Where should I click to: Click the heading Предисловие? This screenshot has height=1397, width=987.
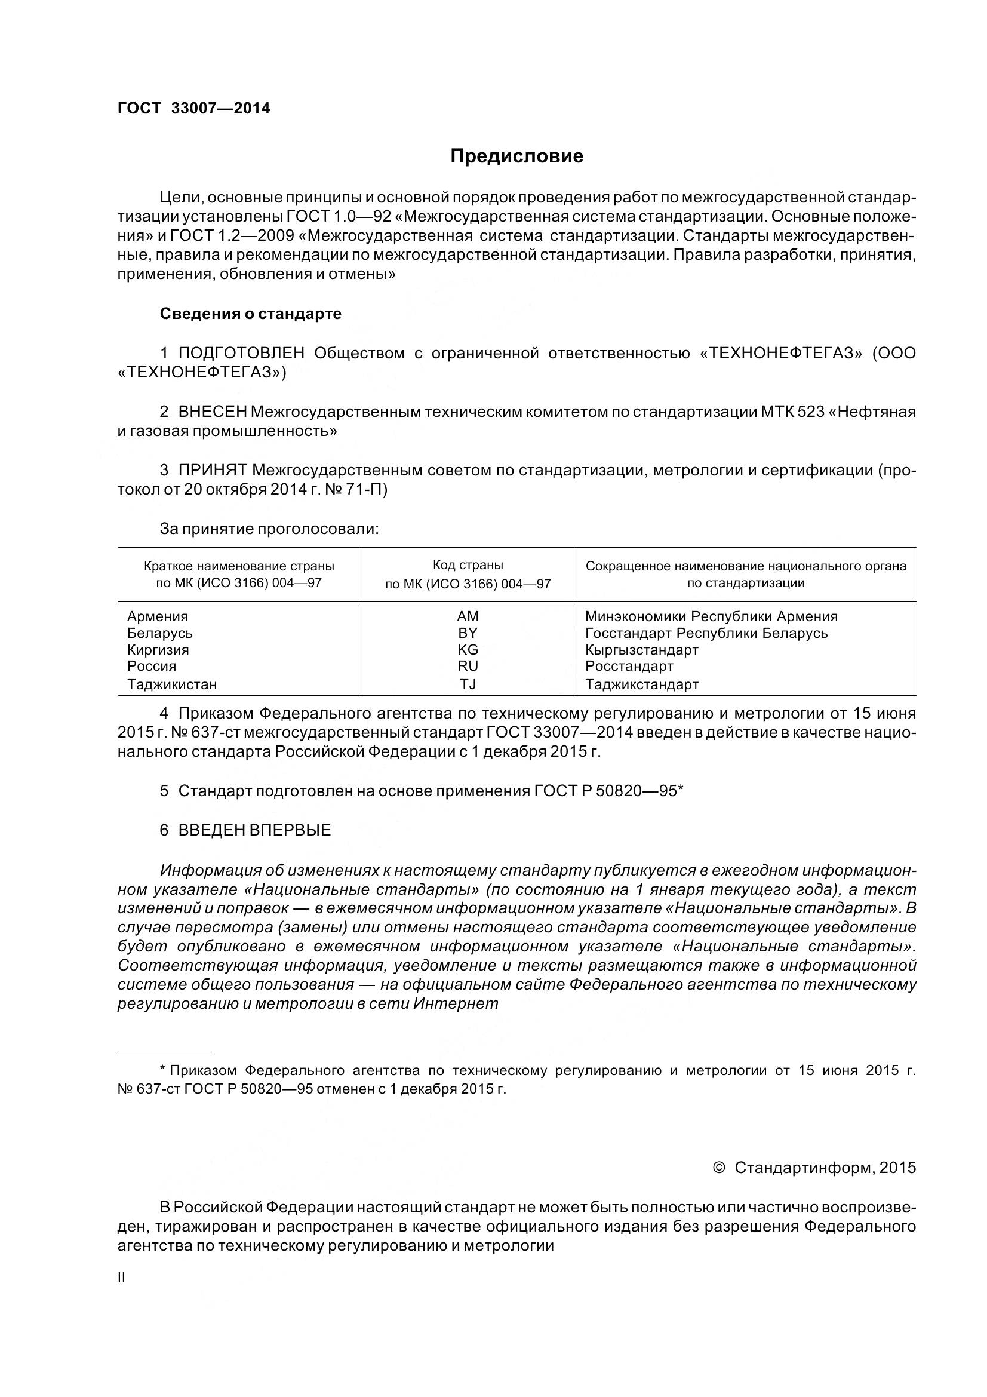click(516, 156)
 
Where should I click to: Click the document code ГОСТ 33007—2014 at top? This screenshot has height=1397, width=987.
click(193, 108)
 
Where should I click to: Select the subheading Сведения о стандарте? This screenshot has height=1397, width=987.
click(251, 314)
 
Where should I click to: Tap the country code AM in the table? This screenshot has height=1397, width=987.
click(468, 616)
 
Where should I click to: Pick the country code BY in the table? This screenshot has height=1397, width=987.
click(468, 633)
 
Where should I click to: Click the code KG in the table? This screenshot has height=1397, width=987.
click(468, 649)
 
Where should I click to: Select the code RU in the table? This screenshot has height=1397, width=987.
click(468, 665)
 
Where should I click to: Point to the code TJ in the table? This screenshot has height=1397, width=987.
click(468, 684)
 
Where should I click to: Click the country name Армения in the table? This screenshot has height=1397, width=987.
click(158, 616)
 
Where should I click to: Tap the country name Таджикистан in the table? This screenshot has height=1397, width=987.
click(172, 684)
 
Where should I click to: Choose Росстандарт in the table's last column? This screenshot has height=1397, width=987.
click(629, 665)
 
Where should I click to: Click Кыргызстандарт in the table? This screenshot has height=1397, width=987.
click(642, 649)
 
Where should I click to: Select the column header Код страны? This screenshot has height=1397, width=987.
click(468, 565)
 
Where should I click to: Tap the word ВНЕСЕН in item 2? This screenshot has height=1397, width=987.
click(212, 412)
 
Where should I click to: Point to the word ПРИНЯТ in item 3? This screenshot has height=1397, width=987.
click(212, 470)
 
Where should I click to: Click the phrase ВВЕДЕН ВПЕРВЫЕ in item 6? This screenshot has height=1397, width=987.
click(254, 830)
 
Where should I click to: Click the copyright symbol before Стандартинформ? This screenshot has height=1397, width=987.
click(718, 1168)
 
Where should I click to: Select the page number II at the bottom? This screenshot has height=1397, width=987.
click(121, 1278)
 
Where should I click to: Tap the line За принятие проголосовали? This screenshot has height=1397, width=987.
click(269, 529)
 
